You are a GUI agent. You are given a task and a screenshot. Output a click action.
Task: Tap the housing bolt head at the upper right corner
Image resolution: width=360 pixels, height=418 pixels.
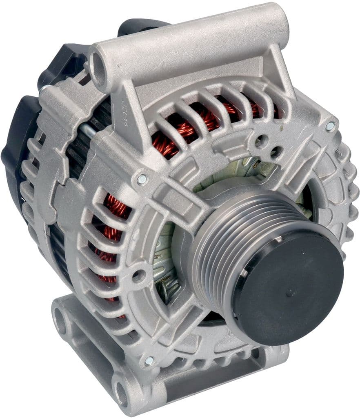coord(329,126)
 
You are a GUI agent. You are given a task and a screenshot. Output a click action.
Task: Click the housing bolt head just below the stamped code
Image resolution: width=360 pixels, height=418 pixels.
coord(142,179)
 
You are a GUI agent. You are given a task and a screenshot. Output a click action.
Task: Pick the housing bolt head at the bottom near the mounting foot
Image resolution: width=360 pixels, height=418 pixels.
coord(149,360)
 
